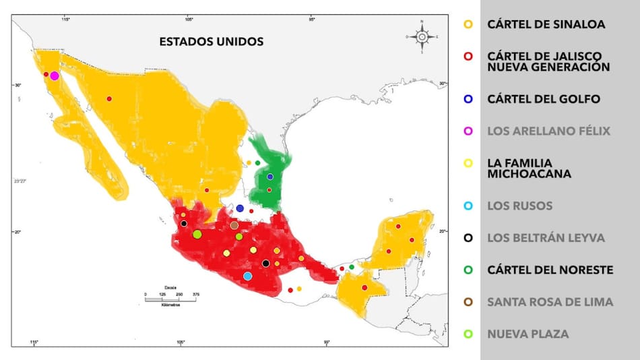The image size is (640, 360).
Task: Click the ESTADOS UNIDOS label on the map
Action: click(211, 42)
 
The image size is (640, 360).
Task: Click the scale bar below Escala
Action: click(172, 299)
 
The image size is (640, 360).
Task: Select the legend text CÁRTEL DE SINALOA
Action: click(546, 24)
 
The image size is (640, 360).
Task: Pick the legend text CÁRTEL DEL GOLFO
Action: click(544, 99)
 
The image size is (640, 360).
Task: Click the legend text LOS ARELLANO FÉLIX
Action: click(548, 131)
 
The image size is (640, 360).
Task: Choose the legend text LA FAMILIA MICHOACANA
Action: click(529, 169)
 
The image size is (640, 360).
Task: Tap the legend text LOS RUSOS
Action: click(519, 206)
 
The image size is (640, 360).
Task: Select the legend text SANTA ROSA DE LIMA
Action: click(550, 302)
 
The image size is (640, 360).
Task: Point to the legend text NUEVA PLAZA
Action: click(527, 334)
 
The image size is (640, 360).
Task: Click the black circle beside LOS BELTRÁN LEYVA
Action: click(469, 238)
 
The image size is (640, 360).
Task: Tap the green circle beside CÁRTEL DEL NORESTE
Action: click(469, 270)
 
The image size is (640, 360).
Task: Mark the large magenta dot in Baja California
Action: click(55, 76)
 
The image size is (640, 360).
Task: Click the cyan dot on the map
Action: click(247, 276)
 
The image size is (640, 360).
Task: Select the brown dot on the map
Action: click(234, 225)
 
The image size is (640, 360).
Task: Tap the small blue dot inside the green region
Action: click(269, 177)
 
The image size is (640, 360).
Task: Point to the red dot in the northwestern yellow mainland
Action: click(109, 99)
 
